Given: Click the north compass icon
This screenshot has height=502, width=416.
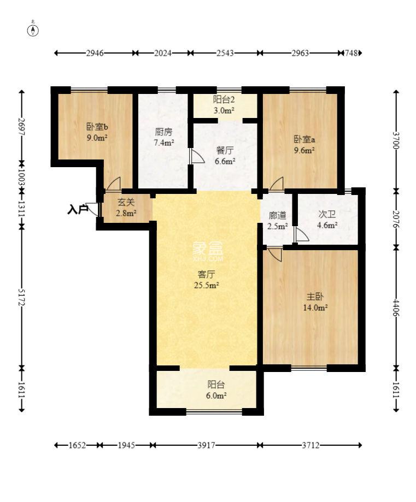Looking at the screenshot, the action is pyautogui.click(x=33, y=31).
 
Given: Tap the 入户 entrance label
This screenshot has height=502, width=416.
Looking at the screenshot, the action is pyautogui.click(x=78, y=210).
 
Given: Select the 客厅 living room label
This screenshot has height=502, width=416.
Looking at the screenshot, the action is pyautogui.click(x=207, y=274).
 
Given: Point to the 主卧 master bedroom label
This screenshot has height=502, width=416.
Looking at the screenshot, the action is pyautogui.click(x=315, y=297).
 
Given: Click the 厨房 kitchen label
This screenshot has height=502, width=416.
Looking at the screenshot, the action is pyautogui.click(x=163, y=132).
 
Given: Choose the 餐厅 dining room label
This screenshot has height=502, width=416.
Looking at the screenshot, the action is pyautogui.click(x=225, y=150).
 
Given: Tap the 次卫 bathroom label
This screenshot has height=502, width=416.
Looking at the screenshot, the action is pyautogui.click(x=327, y=214).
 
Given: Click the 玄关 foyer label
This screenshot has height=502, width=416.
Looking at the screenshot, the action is pyautogui.click(x=126, y=202).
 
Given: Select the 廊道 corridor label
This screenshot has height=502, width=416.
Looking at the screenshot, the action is pyautogui.click(x=278, y=215).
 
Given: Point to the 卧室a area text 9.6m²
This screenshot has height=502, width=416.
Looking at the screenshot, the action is pyautogui.click(x=304, y=150).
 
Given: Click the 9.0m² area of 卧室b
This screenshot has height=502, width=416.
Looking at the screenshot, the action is pyautogui.click(x=97, y=138).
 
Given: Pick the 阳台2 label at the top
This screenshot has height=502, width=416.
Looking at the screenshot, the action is pyautogui.click(x=224, y=99).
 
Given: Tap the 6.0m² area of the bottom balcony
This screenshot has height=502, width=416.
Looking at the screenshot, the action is pyautogui.click(x=216, y=395).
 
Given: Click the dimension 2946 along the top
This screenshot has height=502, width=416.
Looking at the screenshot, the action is pyautogui.click(x=95, y=53).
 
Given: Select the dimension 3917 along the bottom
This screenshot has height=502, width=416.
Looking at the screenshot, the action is pyautogui.click(x=206, y=445).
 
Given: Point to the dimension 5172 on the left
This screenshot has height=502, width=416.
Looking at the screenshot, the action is pyautogui.click(x=21, y=297).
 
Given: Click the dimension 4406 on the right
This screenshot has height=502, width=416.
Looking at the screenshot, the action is pyautogui.click(x=396, y=308).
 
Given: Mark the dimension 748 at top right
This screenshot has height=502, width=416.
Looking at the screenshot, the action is pyautogui.click(x=351, y=53).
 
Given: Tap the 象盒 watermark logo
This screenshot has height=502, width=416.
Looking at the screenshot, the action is pyautogui.click(x=208, y=251).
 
